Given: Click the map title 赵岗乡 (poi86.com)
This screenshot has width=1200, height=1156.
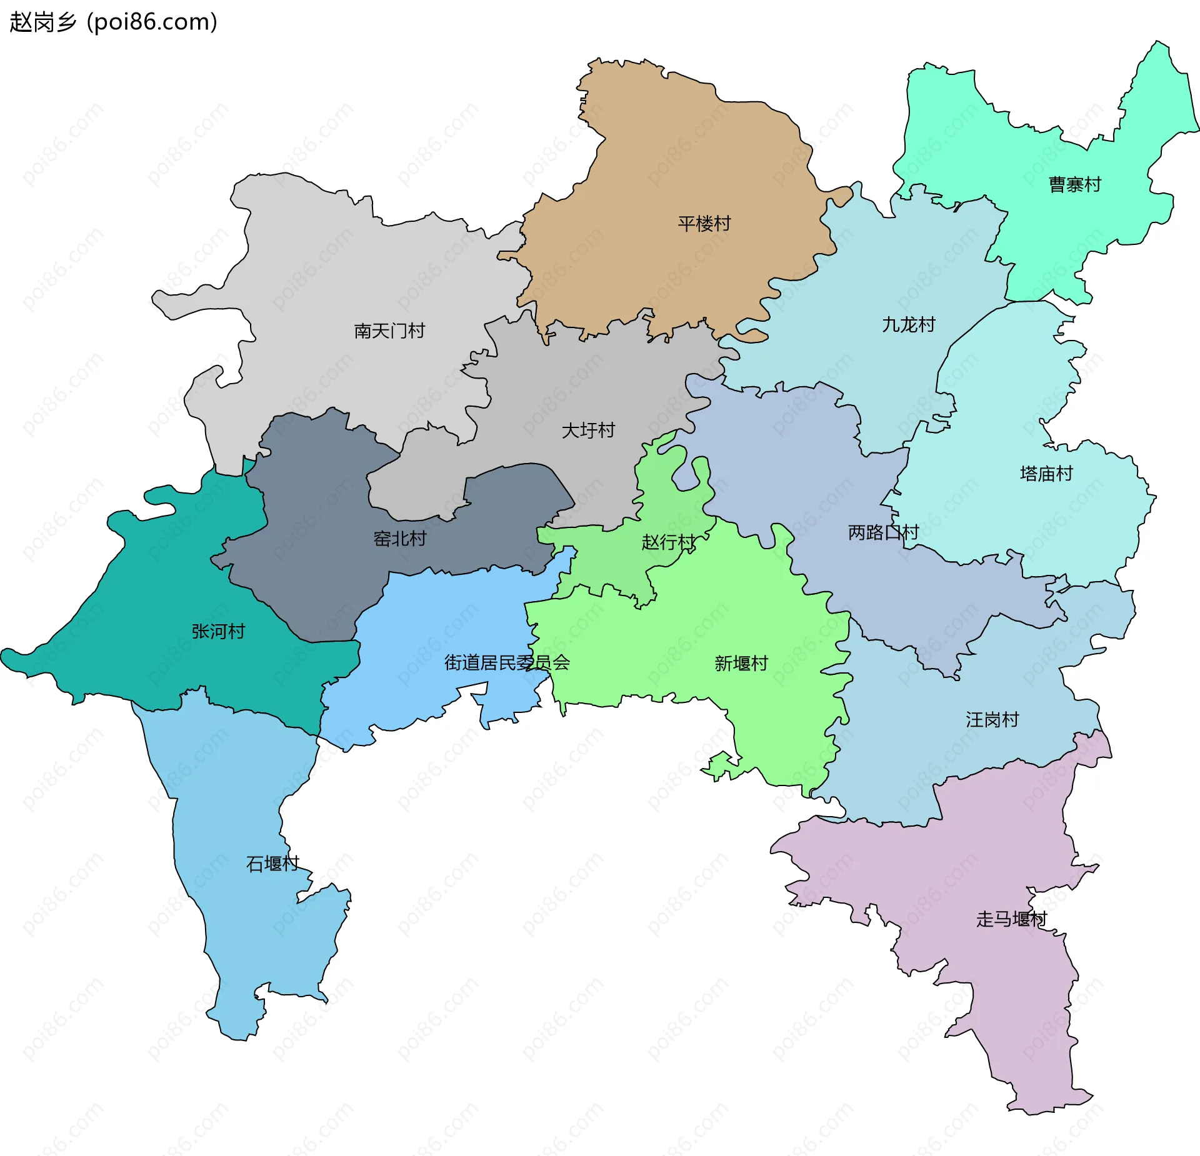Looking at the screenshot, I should point(113,22).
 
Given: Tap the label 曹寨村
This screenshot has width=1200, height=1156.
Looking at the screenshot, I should point(1074,185).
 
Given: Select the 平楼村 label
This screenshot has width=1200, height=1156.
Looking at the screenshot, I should point(704,224).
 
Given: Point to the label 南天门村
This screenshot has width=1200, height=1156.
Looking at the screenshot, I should point(389,331).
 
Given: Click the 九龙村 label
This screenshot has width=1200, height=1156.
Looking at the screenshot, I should point(908,325).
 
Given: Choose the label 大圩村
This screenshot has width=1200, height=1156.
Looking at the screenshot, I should point(588,431).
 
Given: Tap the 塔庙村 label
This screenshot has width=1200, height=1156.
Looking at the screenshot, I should point(1046,474).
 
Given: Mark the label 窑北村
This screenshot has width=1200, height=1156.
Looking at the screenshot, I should point(399,539).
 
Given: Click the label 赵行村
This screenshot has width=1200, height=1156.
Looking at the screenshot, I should point(668,542).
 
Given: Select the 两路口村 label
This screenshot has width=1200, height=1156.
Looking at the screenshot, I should point(883,532).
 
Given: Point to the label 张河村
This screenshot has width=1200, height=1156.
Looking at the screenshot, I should point(218,632).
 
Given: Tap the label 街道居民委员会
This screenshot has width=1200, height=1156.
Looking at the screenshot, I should point(507,663).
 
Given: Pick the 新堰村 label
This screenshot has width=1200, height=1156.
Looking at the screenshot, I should point(741,664).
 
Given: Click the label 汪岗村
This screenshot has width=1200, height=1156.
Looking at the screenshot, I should point(992,720).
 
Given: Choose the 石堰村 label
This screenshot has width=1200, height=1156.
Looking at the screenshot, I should point(272,864).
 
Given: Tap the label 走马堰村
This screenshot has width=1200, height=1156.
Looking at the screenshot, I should point(1011,919).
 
